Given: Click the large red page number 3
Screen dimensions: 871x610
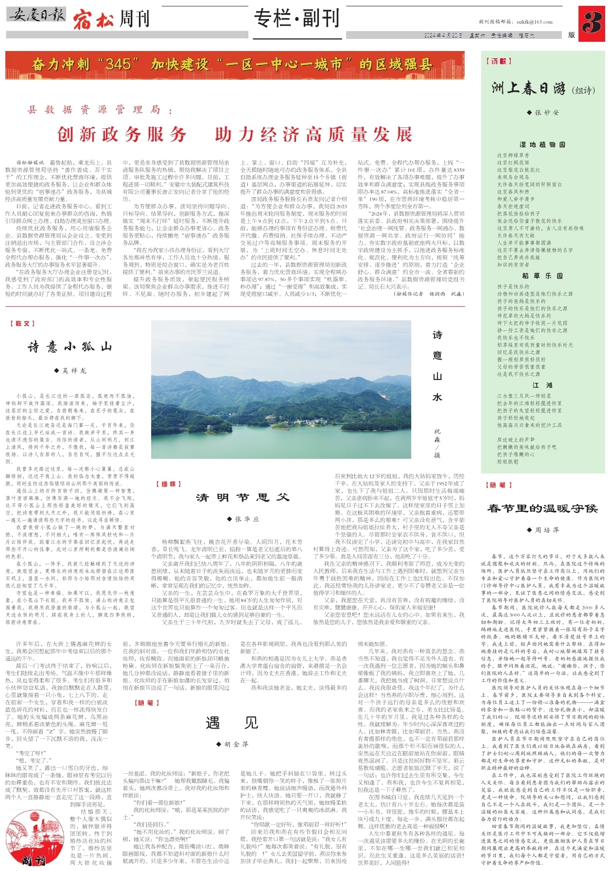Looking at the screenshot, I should (592, 23).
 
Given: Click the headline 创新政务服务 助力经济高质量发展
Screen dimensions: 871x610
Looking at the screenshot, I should (235, 134).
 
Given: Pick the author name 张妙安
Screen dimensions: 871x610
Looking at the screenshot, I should (543, 112).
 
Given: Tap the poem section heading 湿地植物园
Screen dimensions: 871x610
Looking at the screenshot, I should (542, 144).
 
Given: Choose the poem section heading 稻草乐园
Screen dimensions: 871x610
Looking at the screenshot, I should (542, 276).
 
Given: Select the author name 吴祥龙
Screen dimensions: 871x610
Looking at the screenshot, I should (71, 370).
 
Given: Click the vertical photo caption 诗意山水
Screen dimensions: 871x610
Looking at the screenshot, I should (437, 366).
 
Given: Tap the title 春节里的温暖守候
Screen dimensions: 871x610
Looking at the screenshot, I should (542, 508).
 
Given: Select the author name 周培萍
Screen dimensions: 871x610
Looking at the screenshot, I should (543, 530).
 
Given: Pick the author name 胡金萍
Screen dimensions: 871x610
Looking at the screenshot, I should (232, 744).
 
